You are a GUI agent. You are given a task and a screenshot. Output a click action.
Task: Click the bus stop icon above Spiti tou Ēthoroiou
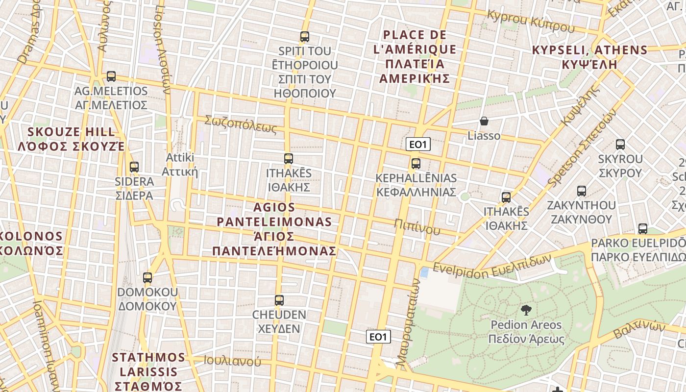click(304, 37)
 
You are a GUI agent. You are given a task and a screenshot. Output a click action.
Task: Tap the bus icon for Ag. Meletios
click(111, 76)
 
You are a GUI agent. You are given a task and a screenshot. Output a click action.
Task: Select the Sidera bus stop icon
click(134, 167)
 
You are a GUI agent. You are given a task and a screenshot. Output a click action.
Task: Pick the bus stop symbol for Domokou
click(147, 278)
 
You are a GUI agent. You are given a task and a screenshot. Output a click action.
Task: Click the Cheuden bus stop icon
click(279, 300)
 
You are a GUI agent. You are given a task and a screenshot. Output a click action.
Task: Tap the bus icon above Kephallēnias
click(416, 164)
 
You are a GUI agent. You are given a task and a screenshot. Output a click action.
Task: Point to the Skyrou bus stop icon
click(620, 145)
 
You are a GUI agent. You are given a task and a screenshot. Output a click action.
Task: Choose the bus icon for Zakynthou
click(581, 191)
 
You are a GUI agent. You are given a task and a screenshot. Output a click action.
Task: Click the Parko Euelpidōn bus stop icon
click(642, 229)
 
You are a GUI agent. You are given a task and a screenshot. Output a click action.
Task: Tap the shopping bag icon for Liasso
click(484, 121)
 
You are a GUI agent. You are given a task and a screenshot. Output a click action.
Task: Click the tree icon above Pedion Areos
click(526, 310)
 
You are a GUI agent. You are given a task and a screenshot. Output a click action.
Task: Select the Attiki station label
click(180, 165)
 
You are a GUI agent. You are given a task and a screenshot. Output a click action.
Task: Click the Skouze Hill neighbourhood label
click(71, 139)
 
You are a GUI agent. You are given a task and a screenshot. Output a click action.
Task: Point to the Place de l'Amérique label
click(415, 57)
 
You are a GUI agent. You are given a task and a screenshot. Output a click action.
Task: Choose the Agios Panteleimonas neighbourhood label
click(274, 229)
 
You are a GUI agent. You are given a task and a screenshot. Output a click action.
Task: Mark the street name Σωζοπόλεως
click(241, 124)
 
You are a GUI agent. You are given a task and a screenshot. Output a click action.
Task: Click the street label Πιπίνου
click(417, 226)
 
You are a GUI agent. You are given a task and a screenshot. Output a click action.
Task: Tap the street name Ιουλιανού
click(232, 362)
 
